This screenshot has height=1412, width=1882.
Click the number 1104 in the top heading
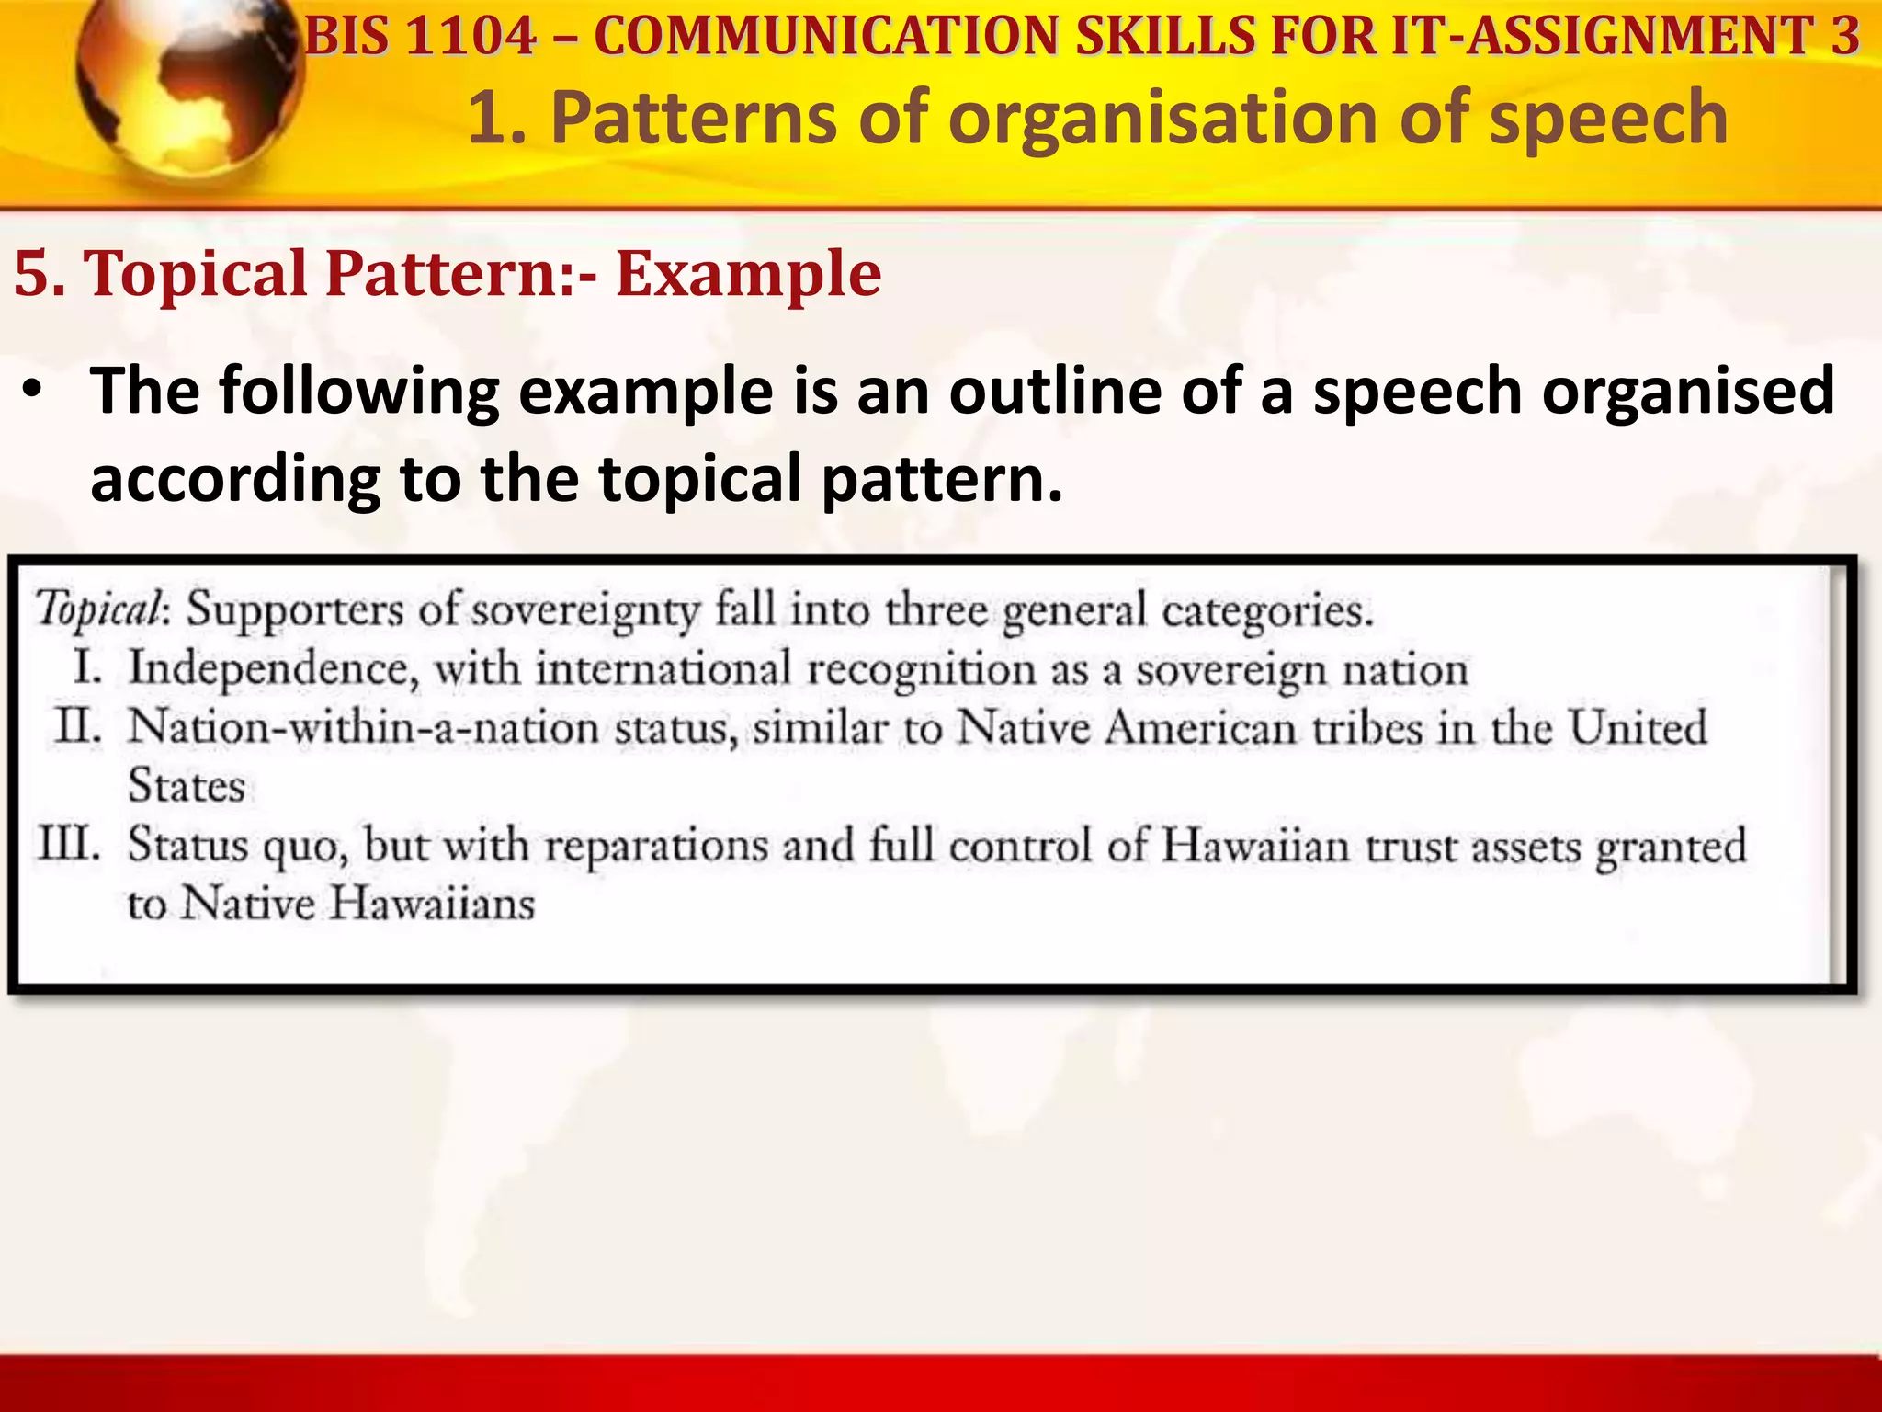point(470,37)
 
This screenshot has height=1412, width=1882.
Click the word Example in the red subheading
point(748,274)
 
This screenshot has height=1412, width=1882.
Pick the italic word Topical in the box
point(99,609)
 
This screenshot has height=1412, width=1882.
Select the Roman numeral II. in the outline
point(77,727)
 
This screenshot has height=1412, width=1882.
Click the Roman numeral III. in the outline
point(68,844)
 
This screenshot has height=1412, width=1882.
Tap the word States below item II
point(187,787)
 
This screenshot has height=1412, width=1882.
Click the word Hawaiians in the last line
point(432,904)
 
